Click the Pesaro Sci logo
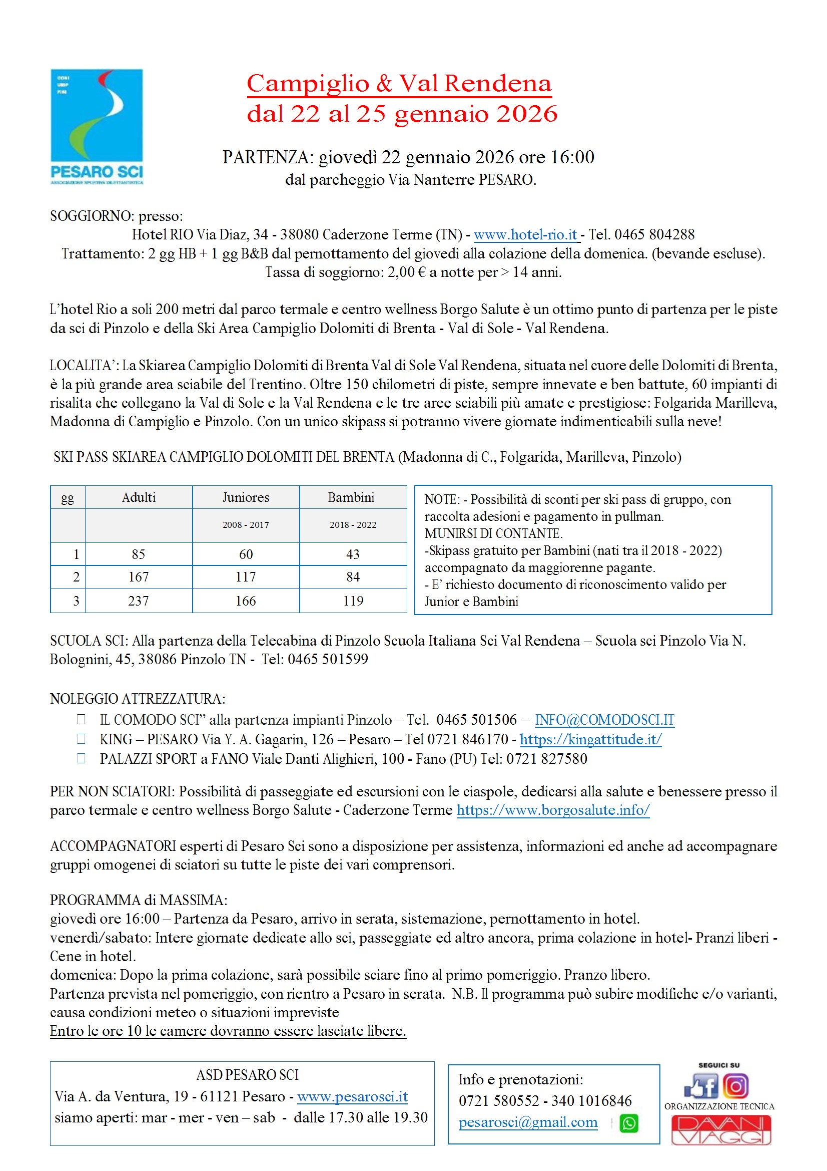[x=97, y=127]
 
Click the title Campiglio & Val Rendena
[x=399, y=84]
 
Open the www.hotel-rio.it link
[x=525, y=234]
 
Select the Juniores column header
[x=246, y=497]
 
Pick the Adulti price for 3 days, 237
[x=139, y=601]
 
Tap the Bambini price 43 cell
[x=353, y=554]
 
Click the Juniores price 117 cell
[x=246, y=577]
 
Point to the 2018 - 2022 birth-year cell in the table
[x=353, y=525]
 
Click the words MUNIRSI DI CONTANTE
[x=493, y=533]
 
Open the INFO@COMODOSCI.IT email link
[x=604, y=720]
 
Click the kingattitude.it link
[x=590, y=739]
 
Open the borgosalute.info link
[x=553, y=810]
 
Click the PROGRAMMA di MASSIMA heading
[x=139, y=900]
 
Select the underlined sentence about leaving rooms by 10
[x=228, y=1031]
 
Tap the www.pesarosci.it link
[x=353, y=1096]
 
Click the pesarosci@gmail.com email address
[x=528, y=1122]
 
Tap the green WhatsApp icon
[x=629, y=1123]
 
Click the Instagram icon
[x=736, y=1086]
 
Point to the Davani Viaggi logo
[x=720, y=1130]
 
